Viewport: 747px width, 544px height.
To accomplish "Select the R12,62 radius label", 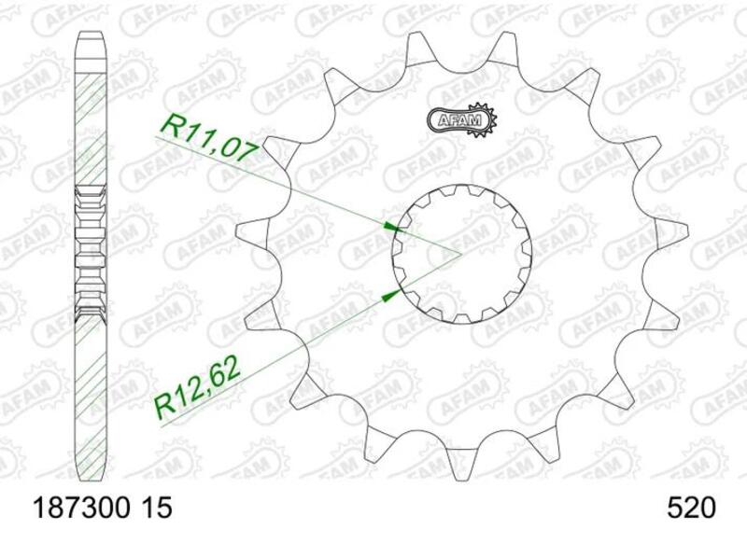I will coord(198,384).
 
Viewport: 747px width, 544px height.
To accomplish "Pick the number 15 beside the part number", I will coord(157,509).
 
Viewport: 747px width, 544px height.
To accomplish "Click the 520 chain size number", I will coord(691,509).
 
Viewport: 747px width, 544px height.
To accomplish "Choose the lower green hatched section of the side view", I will coord(91,392).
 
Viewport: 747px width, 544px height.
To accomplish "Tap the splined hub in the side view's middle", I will coord(91,252).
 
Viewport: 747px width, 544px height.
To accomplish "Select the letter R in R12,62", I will coord(162,403).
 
